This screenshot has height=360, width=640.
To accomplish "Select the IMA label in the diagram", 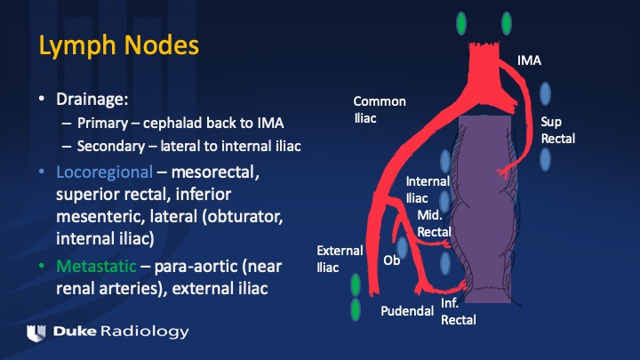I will [529, 60].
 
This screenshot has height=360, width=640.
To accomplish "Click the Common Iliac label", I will [380, 108].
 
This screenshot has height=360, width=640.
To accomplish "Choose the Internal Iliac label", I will [428, 189].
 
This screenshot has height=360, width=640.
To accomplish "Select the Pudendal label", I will [407, 311].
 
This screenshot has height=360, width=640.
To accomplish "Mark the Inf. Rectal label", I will [459, 311].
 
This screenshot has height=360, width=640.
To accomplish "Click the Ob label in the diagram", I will [391, 260].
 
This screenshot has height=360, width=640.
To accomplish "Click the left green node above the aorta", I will [460, 22].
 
